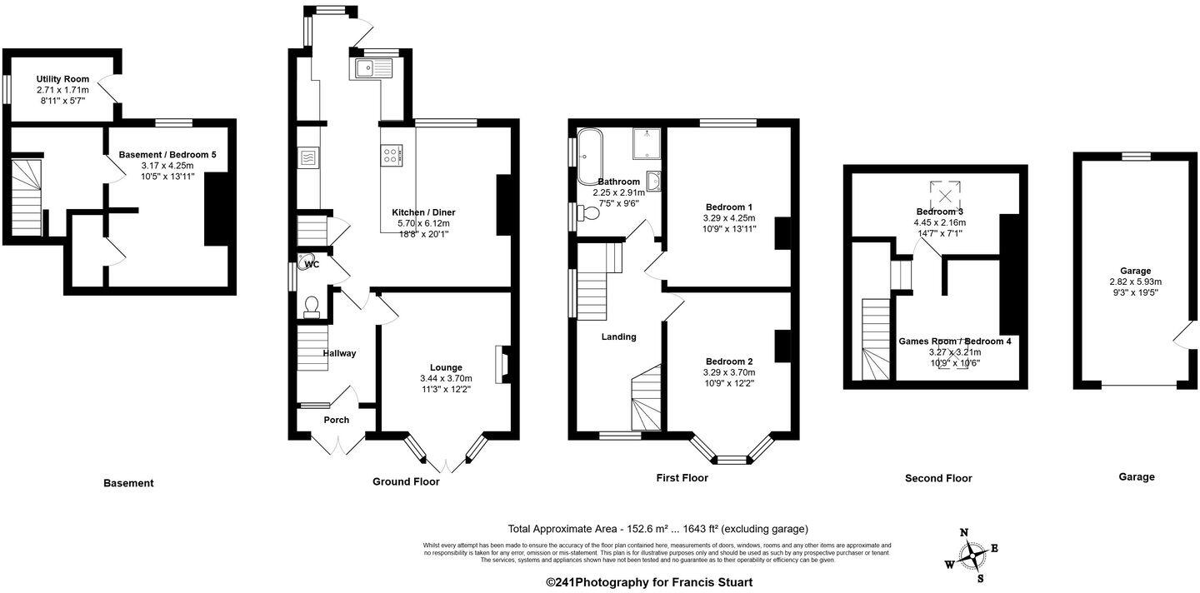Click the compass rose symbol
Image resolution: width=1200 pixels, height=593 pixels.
972,555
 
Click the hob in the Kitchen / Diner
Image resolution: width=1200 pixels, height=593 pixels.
392,154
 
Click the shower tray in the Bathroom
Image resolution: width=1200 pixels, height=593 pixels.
647,142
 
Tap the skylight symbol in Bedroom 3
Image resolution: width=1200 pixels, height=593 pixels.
946,196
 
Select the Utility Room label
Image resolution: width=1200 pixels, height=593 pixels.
62,79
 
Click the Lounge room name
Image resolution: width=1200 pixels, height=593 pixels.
446,367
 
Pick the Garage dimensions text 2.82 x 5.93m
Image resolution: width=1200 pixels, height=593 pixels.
1135,282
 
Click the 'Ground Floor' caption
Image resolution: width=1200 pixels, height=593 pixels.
406,481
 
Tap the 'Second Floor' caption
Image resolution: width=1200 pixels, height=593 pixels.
938,478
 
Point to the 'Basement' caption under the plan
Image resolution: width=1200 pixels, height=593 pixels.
128,483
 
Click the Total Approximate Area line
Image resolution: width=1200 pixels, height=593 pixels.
658,529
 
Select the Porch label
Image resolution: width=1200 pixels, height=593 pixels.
337,420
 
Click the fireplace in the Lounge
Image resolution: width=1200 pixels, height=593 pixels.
502,364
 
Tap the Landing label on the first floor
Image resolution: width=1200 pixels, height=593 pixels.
618,336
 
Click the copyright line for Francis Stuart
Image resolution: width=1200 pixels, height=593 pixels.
649,582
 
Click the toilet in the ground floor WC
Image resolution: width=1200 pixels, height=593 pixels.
312,308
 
